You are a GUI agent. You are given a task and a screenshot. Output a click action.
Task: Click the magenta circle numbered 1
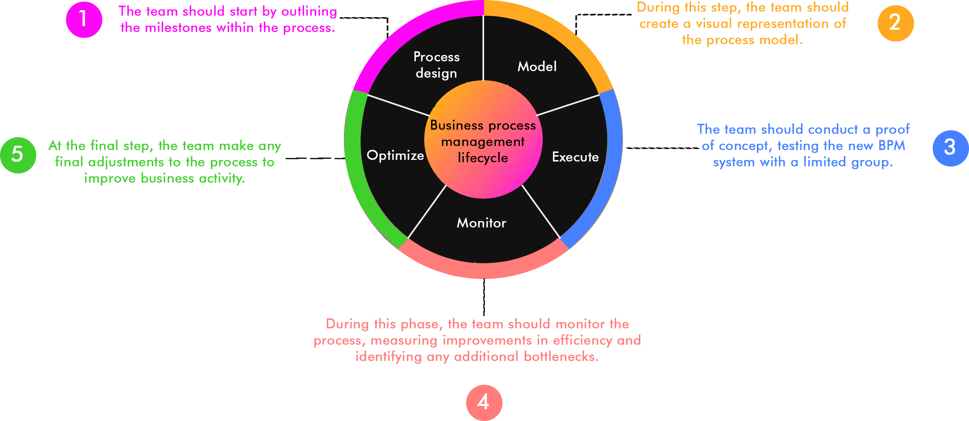click(x=84, y=20)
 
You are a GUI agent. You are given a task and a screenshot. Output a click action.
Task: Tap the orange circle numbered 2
click(x=895, y=23)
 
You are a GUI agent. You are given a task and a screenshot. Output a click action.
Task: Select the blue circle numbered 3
click(x=950, y=148)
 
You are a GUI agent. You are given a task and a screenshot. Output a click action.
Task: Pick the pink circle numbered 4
click(x=484, y=402)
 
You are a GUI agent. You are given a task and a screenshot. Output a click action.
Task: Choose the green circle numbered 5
click(x=18, y=155)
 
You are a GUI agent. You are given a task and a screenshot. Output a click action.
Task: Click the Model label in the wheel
click(x=537, y=67)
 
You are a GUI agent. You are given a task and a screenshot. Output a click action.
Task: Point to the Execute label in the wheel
click(x=575, y=157)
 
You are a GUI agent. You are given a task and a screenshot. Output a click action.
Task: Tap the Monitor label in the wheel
click(x=481, y=223)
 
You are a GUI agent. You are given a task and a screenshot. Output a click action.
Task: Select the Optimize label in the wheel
click(x=395, y=156)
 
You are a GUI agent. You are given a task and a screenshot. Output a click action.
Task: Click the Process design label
click(x=436, y=65)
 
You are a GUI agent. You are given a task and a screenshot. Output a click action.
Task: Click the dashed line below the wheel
click(x=484, y=297)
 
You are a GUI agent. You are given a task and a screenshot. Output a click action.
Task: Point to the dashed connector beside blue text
click(x=662, y=148)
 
